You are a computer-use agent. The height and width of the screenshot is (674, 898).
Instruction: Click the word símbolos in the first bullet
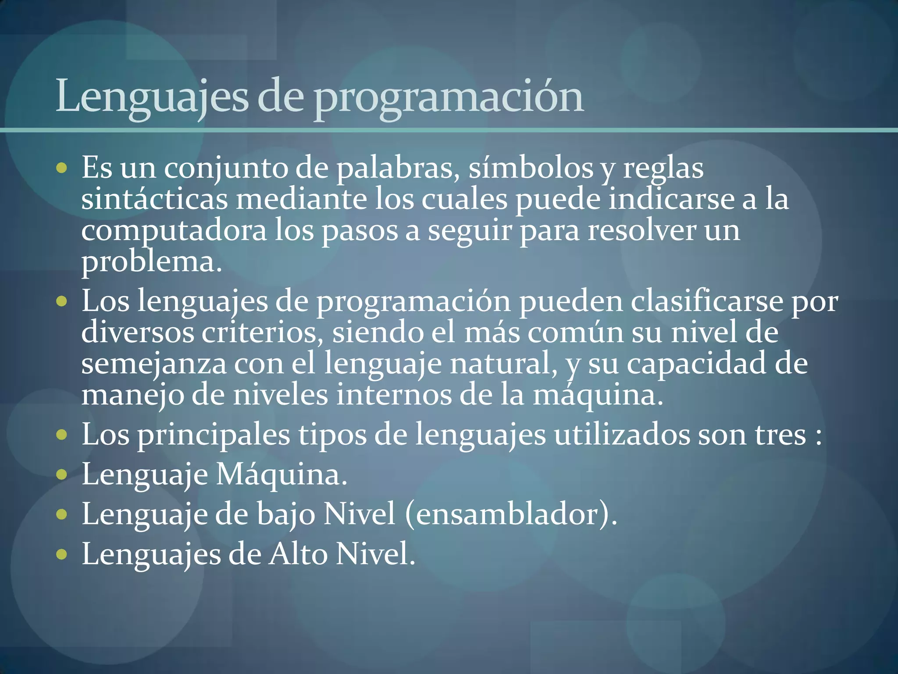[531, 168]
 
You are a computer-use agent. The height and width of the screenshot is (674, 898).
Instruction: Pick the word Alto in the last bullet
[298, 554]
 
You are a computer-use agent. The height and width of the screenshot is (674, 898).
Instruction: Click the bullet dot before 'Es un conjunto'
[62, 168]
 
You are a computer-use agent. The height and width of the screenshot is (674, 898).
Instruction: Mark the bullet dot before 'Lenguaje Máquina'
[62, 474]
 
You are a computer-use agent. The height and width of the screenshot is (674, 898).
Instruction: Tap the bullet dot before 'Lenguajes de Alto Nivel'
[62, 554]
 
